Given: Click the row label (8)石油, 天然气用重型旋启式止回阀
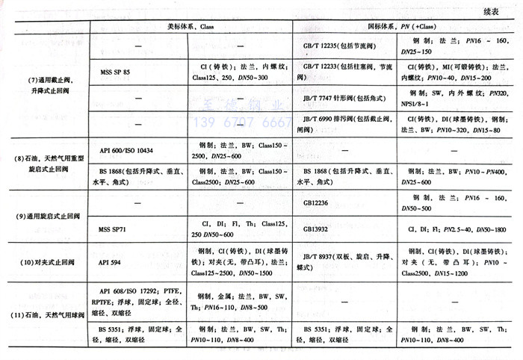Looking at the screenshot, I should point(47,165).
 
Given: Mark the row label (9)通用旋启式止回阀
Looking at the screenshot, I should point(47,216).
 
